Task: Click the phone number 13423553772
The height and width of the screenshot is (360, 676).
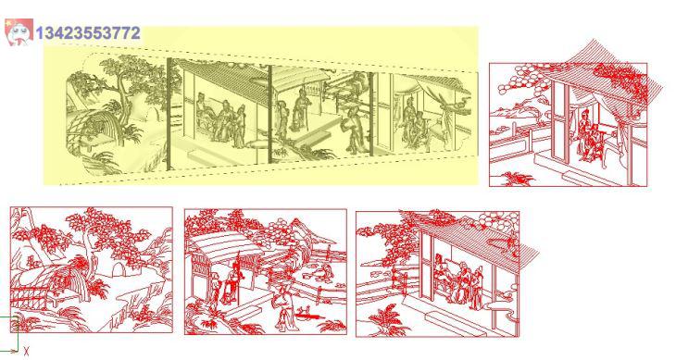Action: coord(88,33)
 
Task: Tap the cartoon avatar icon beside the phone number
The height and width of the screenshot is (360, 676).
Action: coord(19,31)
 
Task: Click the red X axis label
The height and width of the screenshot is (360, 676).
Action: coord(26,352)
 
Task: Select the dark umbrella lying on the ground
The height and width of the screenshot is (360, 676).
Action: coord(308,317)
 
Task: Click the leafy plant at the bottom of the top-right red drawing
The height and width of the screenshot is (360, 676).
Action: coord(518,179)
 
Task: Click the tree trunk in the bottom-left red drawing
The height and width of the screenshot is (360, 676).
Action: coord(92,267)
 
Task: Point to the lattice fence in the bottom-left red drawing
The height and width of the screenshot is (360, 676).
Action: coord(29,298)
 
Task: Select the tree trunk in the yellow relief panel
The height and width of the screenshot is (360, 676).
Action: coord(125,100)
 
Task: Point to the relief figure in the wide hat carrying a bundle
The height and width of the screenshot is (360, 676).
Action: coord(353,130)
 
